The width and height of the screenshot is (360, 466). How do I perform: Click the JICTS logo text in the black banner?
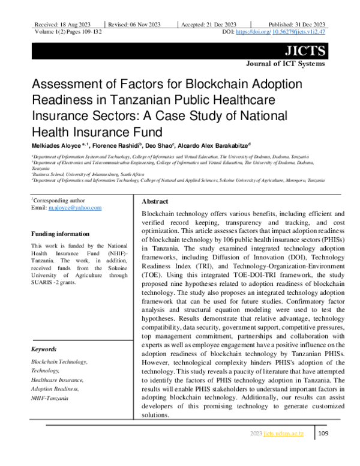click(x=308, y=50)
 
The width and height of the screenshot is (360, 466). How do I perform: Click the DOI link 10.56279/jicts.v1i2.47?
click(x=299, y=31)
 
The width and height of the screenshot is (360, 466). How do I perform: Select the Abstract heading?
click(x=155, y=201)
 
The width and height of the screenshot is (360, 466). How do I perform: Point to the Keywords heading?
click(x=44, y=349)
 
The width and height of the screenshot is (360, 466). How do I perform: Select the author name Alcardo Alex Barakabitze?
click(x=215, y=145)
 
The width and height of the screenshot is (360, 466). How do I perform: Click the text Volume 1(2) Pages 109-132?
click(x=67, y=31)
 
